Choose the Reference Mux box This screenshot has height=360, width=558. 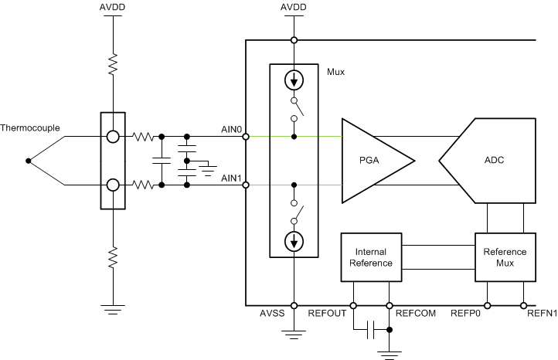[x=504, y=257]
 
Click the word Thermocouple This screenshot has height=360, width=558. [x=30, y=128]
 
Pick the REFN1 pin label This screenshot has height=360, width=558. [x=540, y=314]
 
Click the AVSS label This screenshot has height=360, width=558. [x=272, y=314]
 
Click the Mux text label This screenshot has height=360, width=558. [x=335, y=72]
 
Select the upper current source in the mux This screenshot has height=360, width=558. [x=294, y=80]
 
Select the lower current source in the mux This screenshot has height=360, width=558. [x=294, y=241]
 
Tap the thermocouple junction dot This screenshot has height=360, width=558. [x=29, y=161]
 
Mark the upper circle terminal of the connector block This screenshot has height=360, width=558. [x=113, y=137]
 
